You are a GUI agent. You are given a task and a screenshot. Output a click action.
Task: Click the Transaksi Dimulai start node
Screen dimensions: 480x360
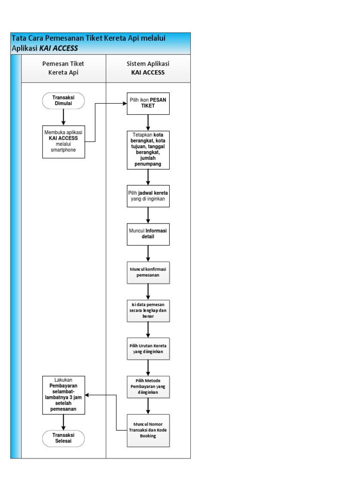(x=63, y=101)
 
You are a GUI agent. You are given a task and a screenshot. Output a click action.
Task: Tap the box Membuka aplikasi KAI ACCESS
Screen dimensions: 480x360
(x=63, y=141)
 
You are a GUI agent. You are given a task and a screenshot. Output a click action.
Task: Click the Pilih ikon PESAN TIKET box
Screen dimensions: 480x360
(x=148, y=103)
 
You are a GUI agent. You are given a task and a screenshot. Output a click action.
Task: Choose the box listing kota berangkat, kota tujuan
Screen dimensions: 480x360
(x=148, y=150)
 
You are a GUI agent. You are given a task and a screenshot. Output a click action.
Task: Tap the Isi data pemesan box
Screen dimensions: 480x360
(x=148, y=311)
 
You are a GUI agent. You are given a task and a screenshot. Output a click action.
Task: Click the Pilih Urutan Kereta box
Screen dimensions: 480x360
(x=148, y=349)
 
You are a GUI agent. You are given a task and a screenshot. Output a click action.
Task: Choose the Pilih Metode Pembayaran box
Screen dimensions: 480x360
(x=148, y=387)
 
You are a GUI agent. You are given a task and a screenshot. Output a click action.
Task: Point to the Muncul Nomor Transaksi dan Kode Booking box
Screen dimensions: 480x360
(x=148, y=429)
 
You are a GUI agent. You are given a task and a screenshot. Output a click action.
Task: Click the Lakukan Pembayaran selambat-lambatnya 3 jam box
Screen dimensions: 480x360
(x=63, y=395)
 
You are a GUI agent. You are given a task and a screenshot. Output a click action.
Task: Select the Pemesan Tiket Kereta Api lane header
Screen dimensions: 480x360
(x=63, y=68)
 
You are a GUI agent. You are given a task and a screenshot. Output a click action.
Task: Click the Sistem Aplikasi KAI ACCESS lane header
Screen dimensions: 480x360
(x=148, y=68)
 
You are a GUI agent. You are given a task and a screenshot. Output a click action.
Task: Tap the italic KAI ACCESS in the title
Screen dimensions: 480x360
(x=59, y=48)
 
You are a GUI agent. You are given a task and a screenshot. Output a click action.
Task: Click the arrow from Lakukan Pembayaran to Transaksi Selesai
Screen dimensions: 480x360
(x=63, y=422)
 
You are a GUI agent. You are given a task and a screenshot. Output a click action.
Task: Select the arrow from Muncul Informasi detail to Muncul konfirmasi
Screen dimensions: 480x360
(x=148, y=253)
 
